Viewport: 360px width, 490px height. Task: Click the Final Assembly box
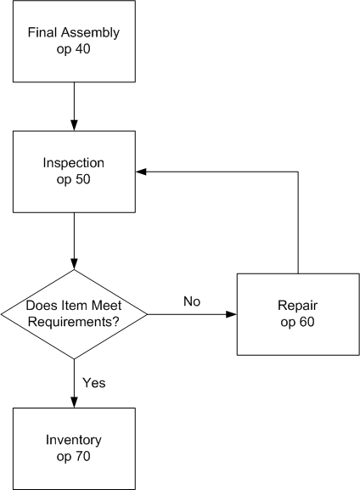coord(74,41)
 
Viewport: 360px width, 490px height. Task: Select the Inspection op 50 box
coord(74,171)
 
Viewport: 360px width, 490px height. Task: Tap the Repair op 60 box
coord(297,314)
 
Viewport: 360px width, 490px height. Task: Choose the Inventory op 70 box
coord(74,448)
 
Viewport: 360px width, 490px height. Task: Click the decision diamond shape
coord(74,314)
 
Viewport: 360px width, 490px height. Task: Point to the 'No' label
coord(192,301)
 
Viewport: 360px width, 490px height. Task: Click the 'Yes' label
coord(94,382)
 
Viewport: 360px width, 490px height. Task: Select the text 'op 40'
coord(74,48)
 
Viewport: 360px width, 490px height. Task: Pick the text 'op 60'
coord(297,322)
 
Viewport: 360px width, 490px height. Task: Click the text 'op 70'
coord(74,456)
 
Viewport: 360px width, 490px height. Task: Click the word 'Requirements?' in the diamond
coord(74,322)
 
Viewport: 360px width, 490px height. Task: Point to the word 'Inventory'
coord(74,441)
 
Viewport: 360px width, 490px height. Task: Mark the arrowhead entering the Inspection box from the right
coord(142,172)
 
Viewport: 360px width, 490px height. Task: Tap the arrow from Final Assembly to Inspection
coord(74,105)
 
